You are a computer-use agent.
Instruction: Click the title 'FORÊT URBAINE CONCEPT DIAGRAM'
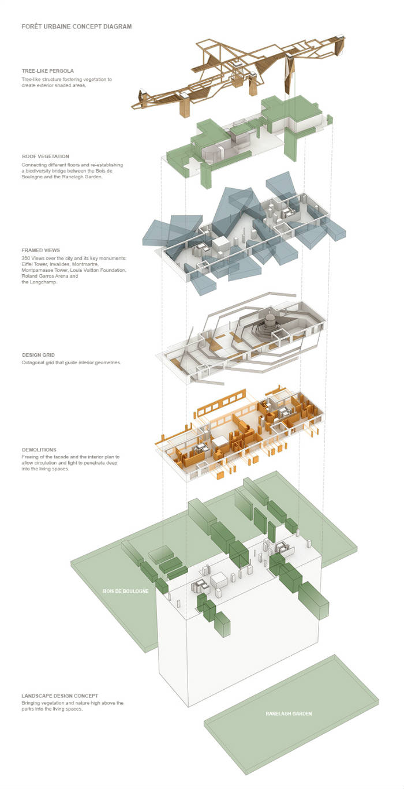click(77, 27)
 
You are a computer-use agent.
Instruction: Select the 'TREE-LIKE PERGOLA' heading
click(48, 71)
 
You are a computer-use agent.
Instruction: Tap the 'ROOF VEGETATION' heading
click(46, 156)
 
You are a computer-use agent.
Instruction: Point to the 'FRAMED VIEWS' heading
click(41, 250)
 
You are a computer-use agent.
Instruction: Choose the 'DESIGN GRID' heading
click(39, 355)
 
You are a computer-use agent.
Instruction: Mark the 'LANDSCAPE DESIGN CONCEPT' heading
click(60, 695)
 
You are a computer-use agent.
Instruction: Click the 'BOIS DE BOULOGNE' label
click(126, 592)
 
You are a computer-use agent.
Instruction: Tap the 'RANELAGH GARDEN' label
click(289, 714)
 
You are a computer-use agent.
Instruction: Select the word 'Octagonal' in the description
click(33, 362)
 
